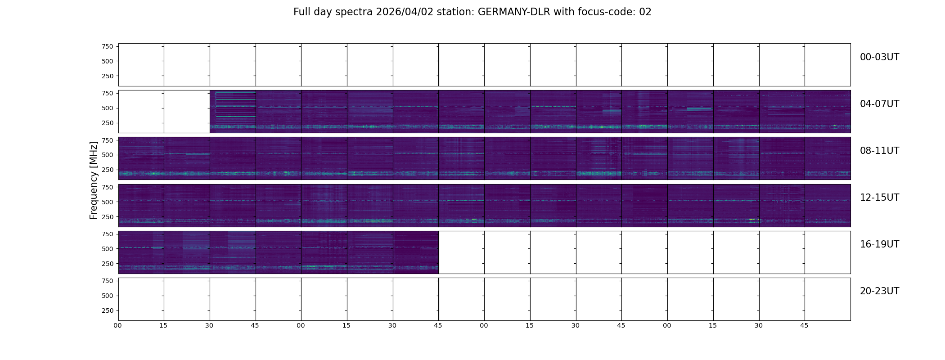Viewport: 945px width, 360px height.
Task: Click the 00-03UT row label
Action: click(x=879, y=57)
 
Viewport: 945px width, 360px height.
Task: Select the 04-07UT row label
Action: click(x=879, y=104)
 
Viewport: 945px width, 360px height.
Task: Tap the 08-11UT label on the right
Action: click(x=879, y=151)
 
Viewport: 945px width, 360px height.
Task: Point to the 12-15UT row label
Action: click(x=879, y=198)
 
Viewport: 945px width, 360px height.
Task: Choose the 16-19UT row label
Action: click(x=879, y=244)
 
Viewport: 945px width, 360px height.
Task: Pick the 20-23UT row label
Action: click(x=879, y=291)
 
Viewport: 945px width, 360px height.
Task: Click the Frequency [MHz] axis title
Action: click(x=94, y=180)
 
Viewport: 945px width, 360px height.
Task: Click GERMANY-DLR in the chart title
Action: click(x=514, y=12)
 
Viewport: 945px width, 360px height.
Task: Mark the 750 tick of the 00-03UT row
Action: click(x=107, y=46)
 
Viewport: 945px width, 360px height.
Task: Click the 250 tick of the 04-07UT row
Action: click(x=107, y=123)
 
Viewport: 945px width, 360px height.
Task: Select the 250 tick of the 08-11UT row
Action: click(x=107, y=170)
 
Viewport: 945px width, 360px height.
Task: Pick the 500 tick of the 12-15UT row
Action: click(x=107, y=202)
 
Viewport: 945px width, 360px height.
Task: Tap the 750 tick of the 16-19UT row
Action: click(x=107, y=234)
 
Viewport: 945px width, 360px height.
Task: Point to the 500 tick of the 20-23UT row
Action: click(x=107, y=296)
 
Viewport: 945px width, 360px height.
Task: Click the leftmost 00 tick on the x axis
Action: click(x=118, y=325)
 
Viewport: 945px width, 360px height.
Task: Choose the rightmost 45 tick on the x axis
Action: click(x=804, y=325)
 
